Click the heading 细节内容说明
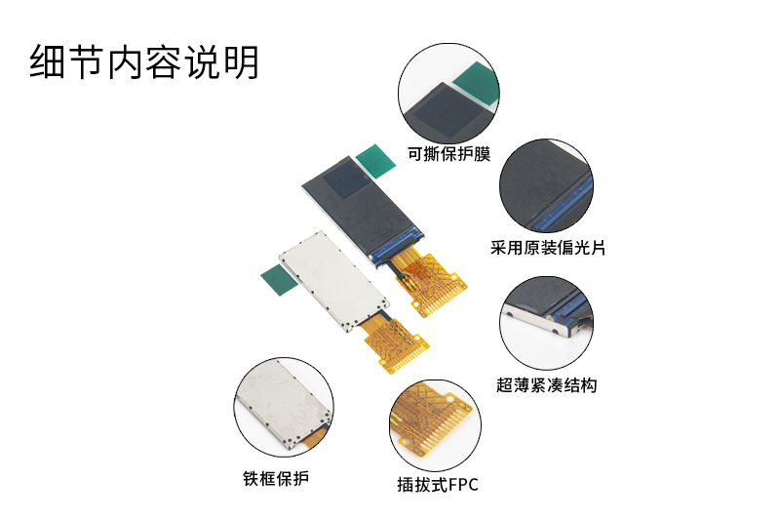click(x=144, y=62)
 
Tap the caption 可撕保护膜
click(x=449, y=154)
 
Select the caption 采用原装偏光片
click(x=548, y=247)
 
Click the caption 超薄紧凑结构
click(x=546, y=384)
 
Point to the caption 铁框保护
click(x=276, y=478)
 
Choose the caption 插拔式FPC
click(x=437, y=484)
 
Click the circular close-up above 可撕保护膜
click(x=448, y=93)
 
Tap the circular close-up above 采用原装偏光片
click(x=546, y=185)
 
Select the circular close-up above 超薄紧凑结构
click(x=546, y=323)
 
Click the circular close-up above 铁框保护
click(x=284, y=407)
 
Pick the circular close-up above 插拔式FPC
click(x=435, y=425)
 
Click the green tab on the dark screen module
click(x=375, y=160)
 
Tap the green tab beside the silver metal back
click(x=280, y=280)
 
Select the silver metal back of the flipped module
click(x=333, y=280)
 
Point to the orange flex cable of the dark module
click(x=429, y=282)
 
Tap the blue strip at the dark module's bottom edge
click(x=398, y=246)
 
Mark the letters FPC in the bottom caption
click(x=463, y=484)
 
